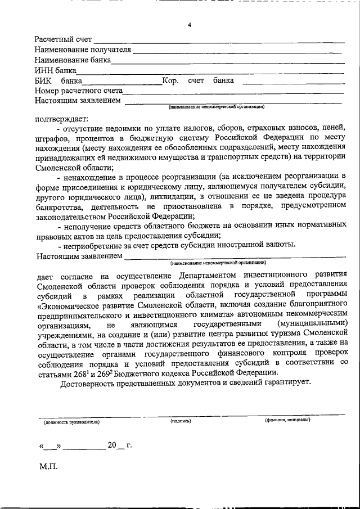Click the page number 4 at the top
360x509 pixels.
click(x=190, y=25)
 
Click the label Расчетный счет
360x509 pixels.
click(x=62, y=39)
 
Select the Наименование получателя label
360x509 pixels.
click(x=82, y=49)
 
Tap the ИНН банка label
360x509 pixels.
click(x=55, y=70)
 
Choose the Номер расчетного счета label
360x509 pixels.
click(x=78, y=91)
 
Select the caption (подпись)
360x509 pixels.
click(x=181, y=420)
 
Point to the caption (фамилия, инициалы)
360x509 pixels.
click(x=287, y=420)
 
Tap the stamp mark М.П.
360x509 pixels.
click(x=48, y=466)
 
